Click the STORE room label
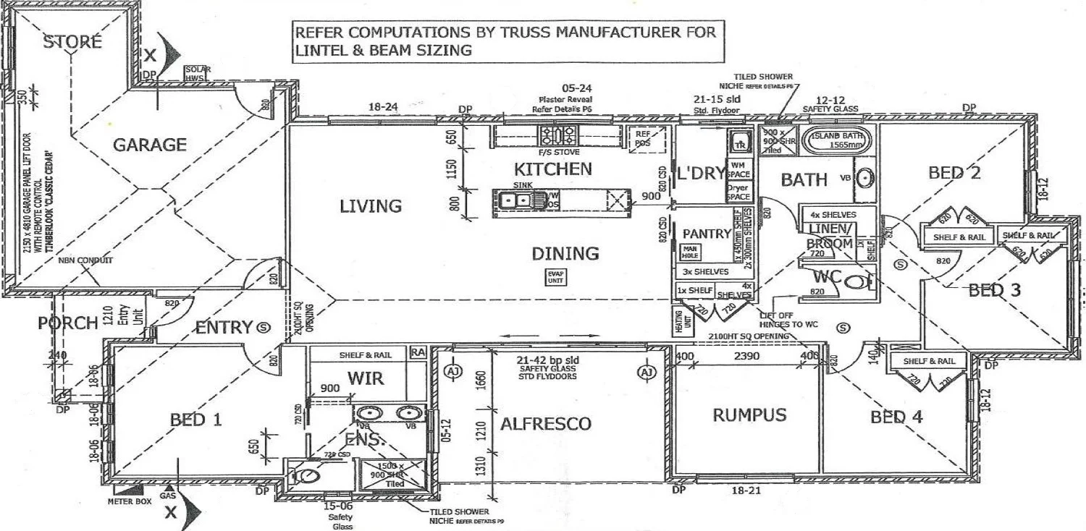(72, 41)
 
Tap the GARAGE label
(150, 145)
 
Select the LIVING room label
(371, 206)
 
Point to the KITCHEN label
(553, 169)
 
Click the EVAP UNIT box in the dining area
(555, 276)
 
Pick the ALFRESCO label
(546, 424)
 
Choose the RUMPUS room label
(749, 415)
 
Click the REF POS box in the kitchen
(642, 137)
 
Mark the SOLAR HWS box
(196, 73)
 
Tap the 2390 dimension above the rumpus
(747, 356)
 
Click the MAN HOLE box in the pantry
(689, 252)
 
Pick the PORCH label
(68, 323)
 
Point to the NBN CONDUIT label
(86, 260)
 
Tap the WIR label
(365, 378)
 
